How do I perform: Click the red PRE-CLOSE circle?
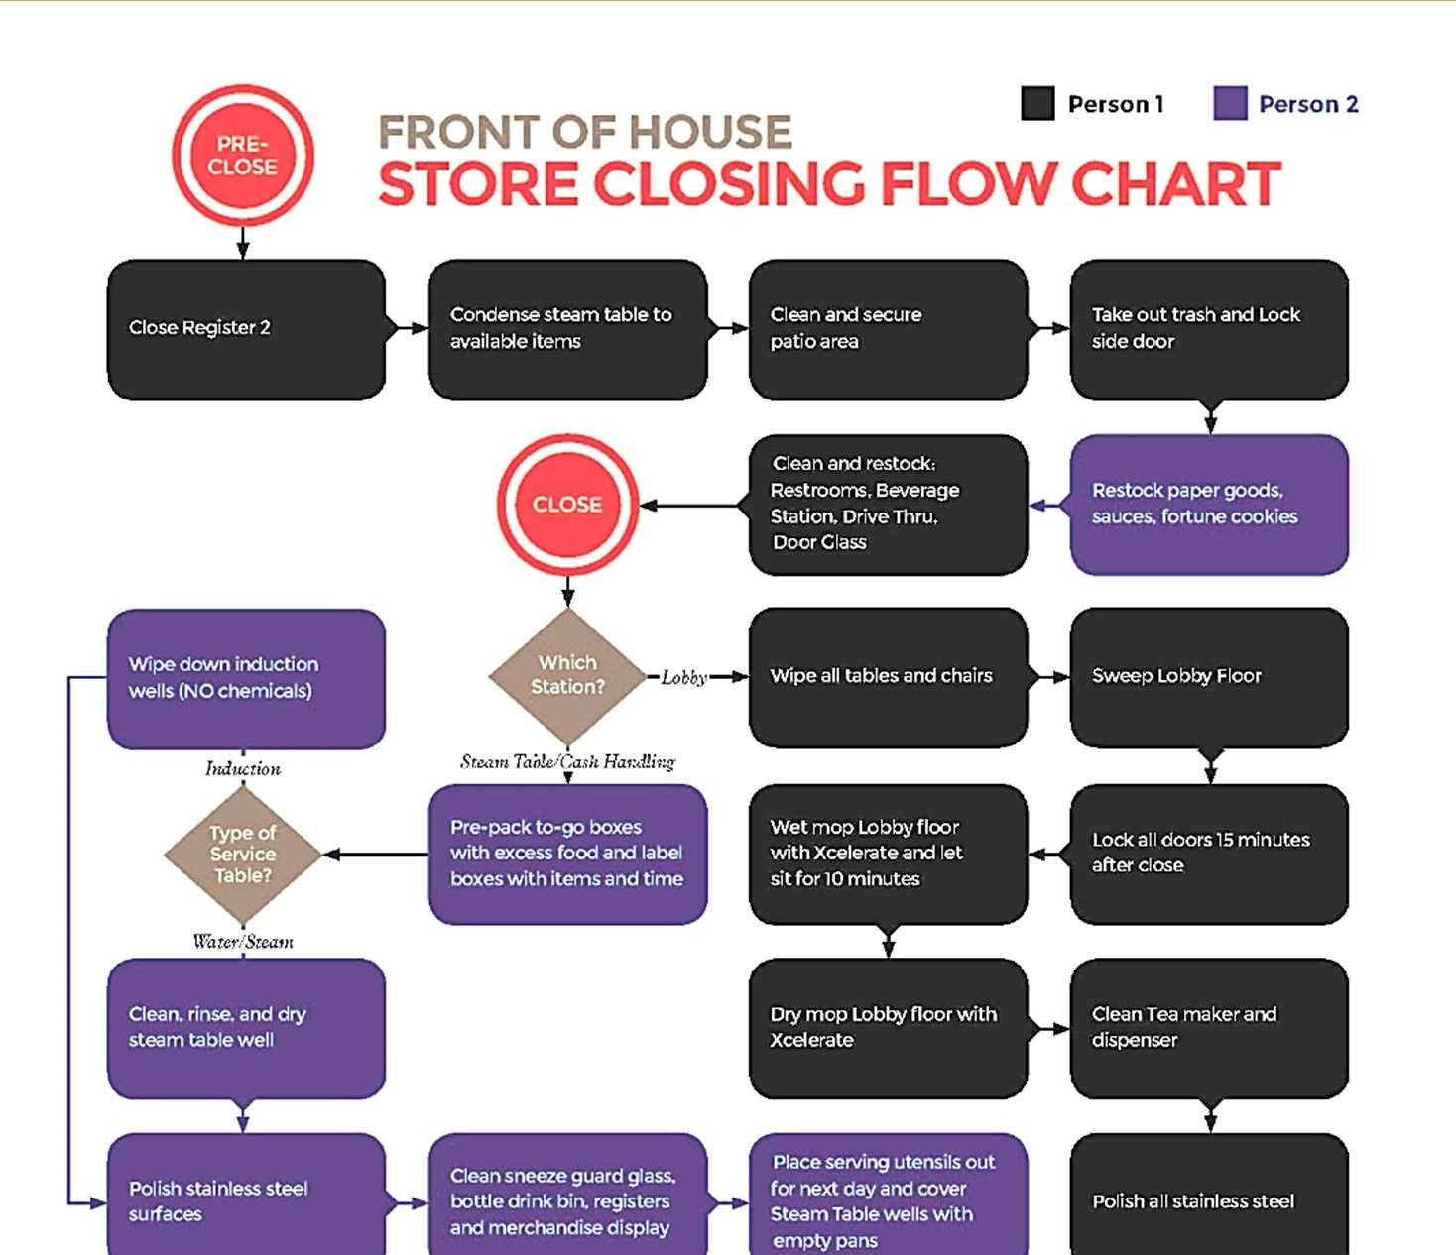tap(243, 156)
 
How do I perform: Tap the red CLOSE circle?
tap(567, 505)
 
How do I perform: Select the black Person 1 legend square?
tap(1037, 103)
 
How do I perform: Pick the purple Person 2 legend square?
tap(1230, 103)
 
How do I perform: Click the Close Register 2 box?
tap(245, 329)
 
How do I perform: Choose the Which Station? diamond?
tap(567, 675)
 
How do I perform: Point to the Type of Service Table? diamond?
tap(243, 854)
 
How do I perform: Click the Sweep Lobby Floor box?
tap(1209, 677)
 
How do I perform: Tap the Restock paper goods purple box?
tap(1209, 505)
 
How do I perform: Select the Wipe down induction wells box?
tap(245, 679)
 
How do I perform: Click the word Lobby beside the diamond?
tap(684, 678)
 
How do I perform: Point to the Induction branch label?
tap(243, 768)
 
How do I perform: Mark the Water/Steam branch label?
tap(243, 942)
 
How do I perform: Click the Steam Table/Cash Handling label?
tap(567, 762)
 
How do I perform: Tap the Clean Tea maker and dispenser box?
tap(1209, 1028)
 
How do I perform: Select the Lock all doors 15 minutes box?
tap(1209, 854)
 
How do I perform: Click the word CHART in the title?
tap(1176, 184)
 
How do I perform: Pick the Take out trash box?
tap(1209, 329)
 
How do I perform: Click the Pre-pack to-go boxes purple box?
tap(567, 854)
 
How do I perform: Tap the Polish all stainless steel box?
tap(1209, 1200)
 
